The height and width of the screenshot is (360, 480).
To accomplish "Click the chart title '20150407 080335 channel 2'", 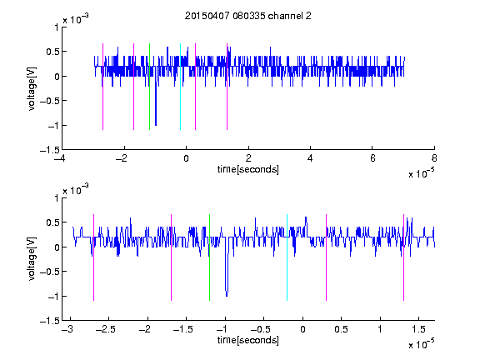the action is point(247,16).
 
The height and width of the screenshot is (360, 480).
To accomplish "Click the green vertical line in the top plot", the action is point(149,87).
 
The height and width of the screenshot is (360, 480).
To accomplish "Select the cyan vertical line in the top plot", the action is point(180,87).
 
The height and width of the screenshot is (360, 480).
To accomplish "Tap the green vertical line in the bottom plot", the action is point(209,257).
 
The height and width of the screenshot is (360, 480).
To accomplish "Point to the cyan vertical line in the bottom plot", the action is point(287,257).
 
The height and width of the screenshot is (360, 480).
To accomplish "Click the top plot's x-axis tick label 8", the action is point(434,158).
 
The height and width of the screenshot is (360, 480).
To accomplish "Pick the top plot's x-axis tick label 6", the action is point(372,158).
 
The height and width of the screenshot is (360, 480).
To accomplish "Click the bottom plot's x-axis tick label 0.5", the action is point(341,329).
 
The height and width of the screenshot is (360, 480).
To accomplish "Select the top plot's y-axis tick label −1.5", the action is point(50,150).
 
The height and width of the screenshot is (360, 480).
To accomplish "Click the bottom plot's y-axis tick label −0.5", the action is point(50,272).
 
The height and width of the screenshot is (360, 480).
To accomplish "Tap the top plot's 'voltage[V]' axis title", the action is point(32,88).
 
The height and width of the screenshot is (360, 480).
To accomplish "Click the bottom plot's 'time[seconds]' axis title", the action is point(248,340).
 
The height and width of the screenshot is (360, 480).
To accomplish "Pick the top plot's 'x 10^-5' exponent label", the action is point(421,172).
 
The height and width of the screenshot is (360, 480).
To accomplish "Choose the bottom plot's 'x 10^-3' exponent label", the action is point(76,189).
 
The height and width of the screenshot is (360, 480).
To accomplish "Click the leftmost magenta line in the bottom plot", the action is point(93,257).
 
